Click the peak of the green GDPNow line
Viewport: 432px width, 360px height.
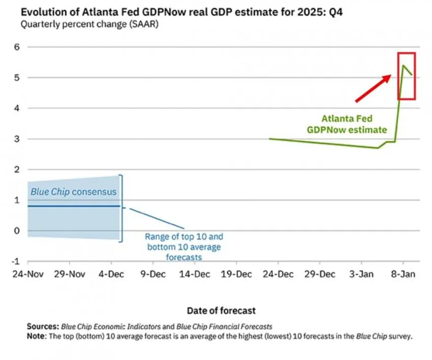[x=404, y=66]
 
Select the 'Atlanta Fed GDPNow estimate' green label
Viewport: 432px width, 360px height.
[x=346, y=124]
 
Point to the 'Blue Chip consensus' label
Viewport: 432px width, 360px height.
[x=73, y=192]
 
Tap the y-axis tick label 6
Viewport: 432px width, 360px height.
[x=16, y=47]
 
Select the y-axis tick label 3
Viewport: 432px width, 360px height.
[x=16, y=139]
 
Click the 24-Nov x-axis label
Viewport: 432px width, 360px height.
[x=27, y=275]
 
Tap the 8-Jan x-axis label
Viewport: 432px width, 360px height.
[x=404, y=275]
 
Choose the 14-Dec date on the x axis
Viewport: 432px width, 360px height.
[x=195, y=275]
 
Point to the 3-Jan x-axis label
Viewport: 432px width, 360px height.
[x=362, y=275]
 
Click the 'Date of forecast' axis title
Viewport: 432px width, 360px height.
[x=221, y=310]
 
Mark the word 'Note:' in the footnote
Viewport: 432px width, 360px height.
[x=37, y=335]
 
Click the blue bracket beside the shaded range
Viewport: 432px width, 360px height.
[x=121, y=208]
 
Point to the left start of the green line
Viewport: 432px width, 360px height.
[x=270, y=138]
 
